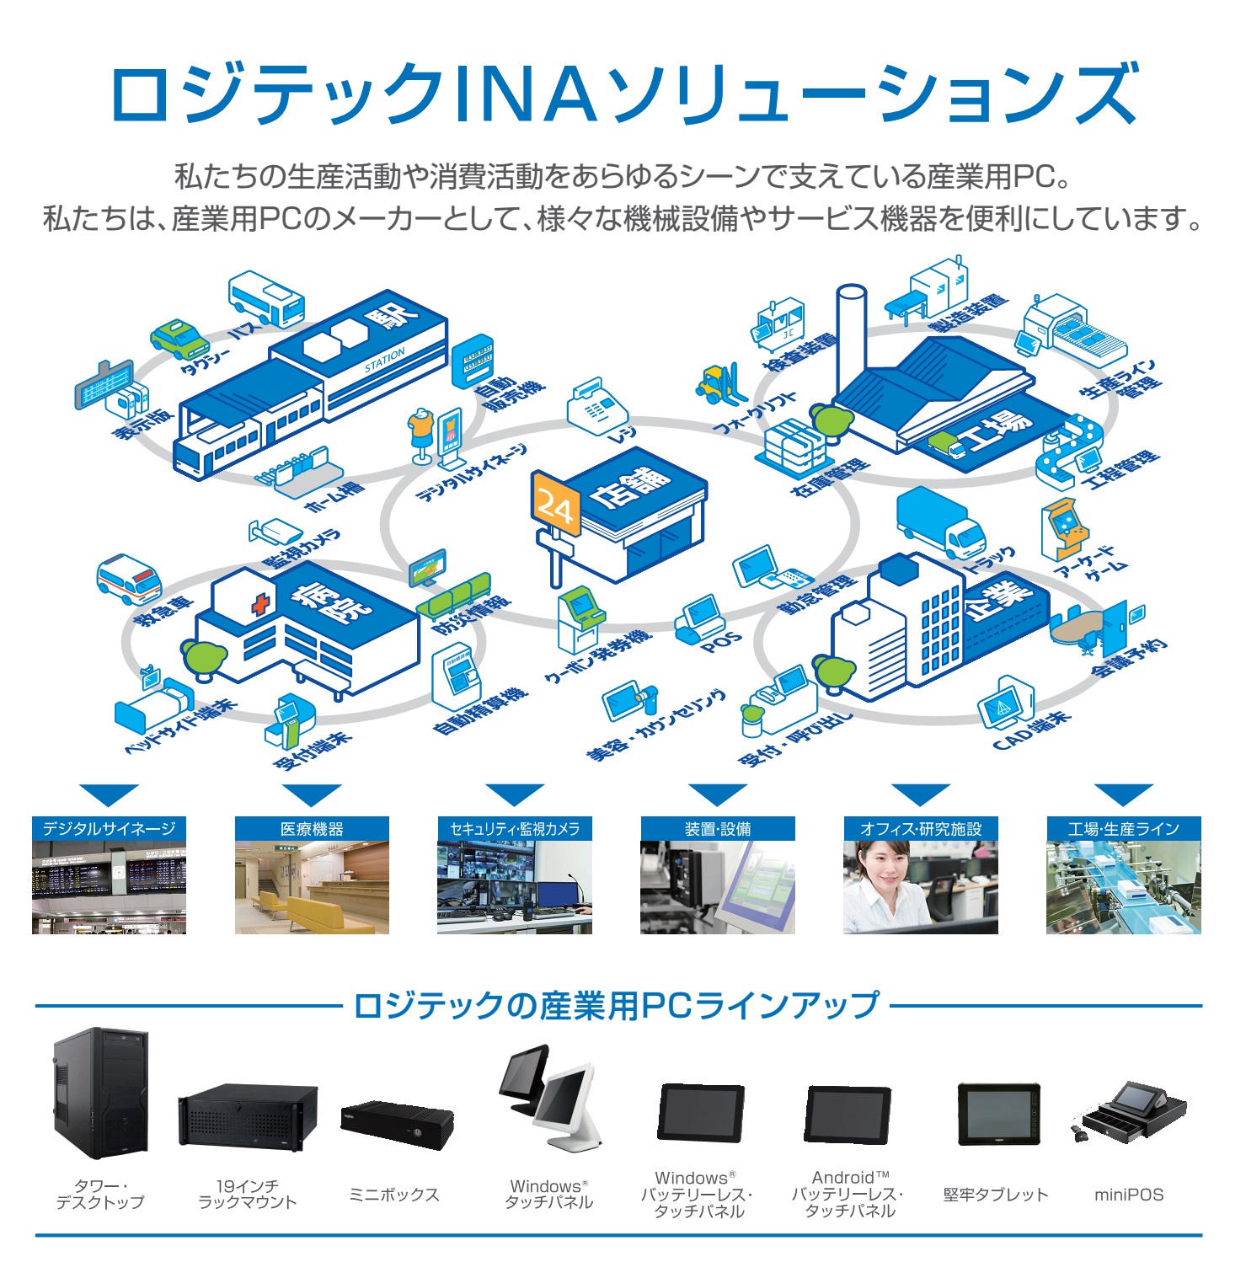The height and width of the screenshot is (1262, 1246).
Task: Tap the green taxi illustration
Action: (x=179, y=338)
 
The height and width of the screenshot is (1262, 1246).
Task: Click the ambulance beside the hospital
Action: (x=129, y=579)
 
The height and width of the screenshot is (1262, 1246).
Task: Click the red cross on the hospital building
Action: (x=261, y=604)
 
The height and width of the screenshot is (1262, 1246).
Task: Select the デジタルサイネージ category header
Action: (x=109, y=829)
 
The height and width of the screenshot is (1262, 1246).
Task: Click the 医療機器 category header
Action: (x=312, y=829)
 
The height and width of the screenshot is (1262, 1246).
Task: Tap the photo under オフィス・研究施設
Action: (x=920, y=887)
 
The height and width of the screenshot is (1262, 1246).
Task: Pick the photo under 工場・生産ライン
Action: (x=1123, y=887)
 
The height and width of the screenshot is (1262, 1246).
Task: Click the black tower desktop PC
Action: (x=100, y=1094)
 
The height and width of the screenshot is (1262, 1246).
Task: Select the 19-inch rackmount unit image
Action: (x=247, y=1116)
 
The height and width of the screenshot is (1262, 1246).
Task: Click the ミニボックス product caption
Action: (x=394, y=1195)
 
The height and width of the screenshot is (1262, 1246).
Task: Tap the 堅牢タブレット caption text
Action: (x=996, y=1195)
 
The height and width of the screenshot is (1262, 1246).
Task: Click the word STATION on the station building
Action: (x=384, y=360)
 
